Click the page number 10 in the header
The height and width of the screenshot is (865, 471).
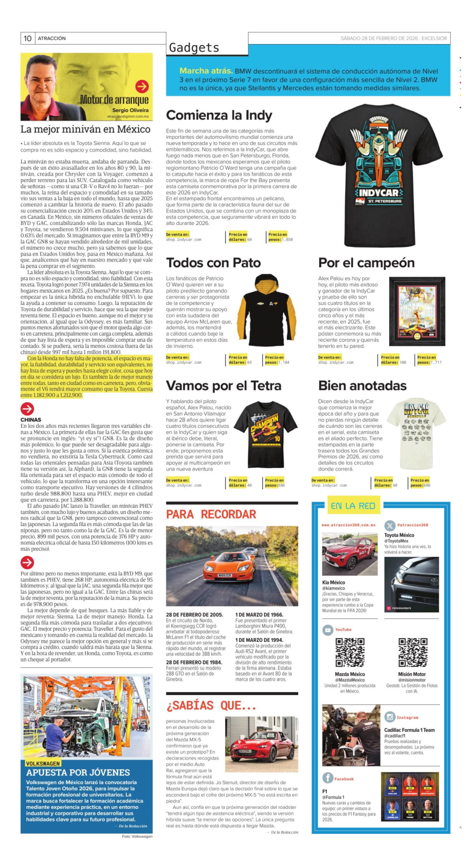pyautogui.click(x=27, y=38)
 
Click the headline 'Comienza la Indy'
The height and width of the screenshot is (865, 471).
pyautogui.click(x=219, y=115)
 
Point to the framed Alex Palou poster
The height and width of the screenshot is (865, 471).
pyautogui.click(x=417, y=311)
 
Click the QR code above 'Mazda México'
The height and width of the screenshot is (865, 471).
pyautogui.click(x=350, y=652)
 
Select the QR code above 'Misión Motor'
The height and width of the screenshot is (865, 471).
pyautogui.click(x=412, y=652)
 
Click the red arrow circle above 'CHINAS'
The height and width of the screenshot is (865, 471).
pyautogui.click(x=27, y=409)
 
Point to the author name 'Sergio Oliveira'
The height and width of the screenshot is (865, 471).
pyautogui.click(x=130, y=110)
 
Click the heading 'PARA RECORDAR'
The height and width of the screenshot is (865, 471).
pyautogui.click(x=211, y=514)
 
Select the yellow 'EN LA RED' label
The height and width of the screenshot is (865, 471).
pyautogui.click(x=353, y=506)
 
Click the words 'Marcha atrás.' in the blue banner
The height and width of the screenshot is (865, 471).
pyautogui.click(x=206, y=71)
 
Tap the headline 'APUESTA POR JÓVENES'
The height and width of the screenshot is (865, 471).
pyautogui.click(x=78, y=772)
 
